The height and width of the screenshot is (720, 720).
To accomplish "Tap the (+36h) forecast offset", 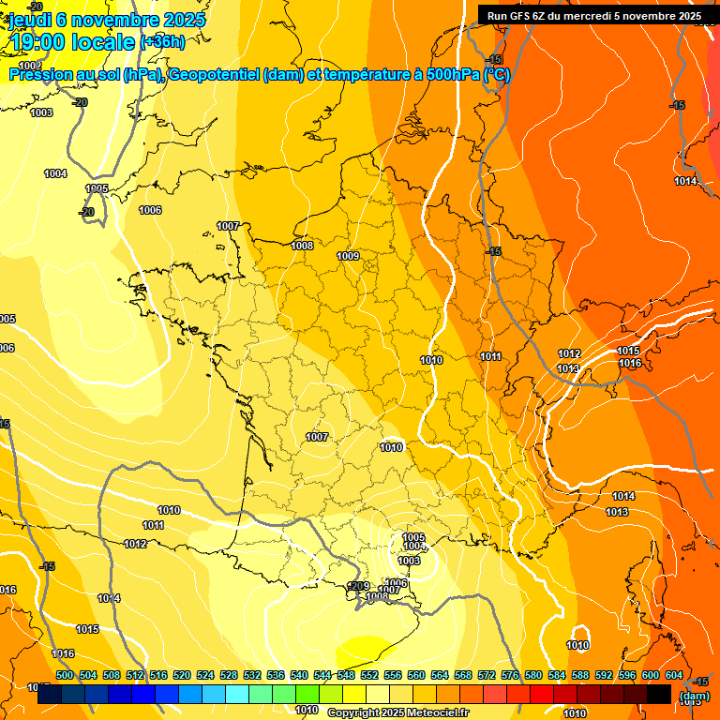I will click(x=162, y=42).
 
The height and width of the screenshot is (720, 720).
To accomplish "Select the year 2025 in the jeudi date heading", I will click(x=184, y=20).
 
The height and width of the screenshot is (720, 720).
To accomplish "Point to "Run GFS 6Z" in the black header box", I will click(x=521, y=15).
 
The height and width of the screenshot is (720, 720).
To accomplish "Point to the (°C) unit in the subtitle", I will click(x=497, y=75).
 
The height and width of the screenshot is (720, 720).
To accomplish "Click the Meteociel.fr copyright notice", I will click(x=398, y=713).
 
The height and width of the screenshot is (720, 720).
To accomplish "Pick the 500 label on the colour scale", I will click(x=65, y=675).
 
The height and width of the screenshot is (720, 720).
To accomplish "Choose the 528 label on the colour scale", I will click(x=229, y=675).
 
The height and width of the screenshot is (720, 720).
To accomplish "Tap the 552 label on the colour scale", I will click(x=369, y=675).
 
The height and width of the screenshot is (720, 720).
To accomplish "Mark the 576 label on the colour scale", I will click(x=510, y=675).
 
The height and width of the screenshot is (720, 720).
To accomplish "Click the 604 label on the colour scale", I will click(x=674, y=675).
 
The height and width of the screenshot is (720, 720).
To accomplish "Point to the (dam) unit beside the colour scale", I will click(x=694, y=696).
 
